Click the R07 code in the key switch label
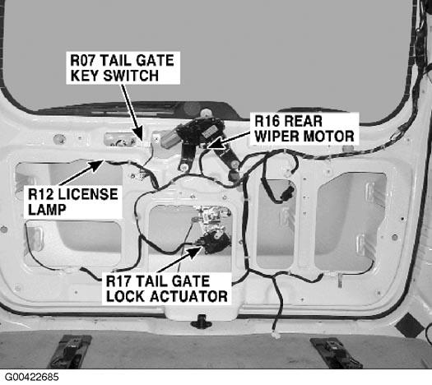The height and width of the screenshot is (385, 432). click(x=82, y=60)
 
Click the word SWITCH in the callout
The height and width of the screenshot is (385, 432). click(x=134, y=76)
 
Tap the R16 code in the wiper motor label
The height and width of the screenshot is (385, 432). click(x=266, y=121)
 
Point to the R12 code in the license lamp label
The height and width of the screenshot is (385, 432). click(x=40, y=194)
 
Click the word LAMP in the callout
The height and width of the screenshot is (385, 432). click(x=47, y=210)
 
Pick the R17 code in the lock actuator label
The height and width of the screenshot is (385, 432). click(x=118, y=281)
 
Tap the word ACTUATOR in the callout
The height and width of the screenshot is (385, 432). click(x=189, y=296)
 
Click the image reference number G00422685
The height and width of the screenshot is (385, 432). click(x=32, y=377)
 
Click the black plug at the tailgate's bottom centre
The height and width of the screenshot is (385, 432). click(x=202, y=322)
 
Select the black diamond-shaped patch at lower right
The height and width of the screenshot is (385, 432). click(x=411, y=326)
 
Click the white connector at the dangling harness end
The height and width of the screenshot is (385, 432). click(x=275, y=336)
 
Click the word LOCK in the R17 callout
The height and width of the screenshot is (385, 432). click(x=126, y=296)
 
